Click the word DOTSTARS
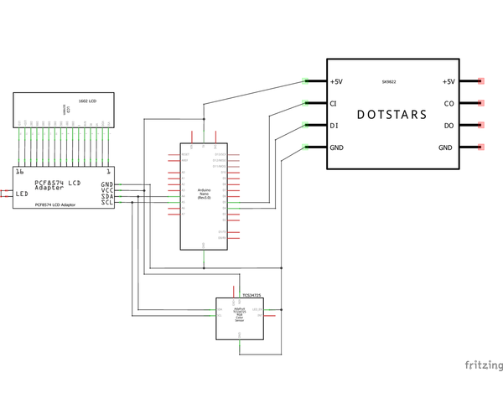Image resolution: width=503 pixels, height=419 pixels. click(392, 114)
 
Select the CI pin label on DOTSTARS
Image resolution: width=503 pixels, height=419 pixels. click(334, 104)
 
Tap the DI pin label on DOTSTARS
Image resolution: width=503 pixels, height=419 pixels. click(334, 126)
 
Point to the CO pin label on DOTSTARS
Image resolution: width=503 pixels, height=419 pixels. click(449, 104)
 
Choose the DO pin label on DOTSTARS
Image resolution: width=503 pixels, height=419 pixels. click(449, 126)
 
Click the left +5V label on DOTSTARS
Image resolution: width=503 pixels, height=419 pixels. click(337, 82)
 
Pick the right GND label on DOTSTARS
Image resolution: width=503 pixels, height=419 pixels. click(445, 147)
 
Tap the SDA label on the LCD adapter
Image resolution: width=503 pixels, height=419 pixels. click(107, 196)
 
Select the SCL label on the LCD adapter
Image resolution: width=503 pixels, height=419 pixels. click(107, 202)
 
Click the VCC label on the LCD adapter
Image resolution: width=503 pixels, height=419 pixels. click(107, 190)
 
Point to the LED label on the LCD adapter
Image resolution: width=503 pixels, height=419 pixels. click(22, 194)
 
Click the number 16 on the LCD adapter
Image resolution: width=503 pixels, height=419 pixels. click(19, 172)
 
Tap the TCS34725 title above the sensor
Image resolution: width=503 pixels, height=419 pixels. click(251, 295)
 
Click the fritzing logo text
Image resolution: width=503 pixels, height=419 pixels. click(484, 365)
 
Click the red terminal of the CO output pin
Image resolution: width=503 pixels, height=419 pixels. click(481, 104)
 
